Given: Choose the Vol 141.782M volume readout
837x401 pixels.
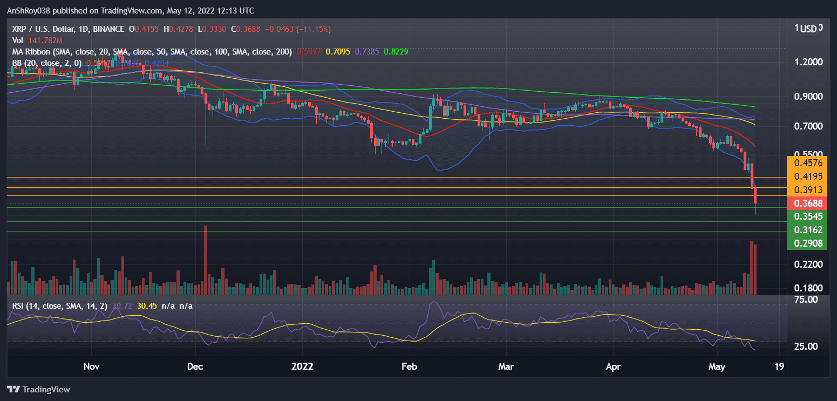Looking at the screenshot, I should pyautogui.click(x=37, y=40).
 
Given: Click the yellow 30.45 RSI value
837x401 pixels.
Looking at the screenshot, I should pyautogui.click(x=146, y=306).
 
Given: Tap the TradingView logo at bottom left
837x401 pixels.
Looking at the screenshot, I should pyautogui.click(x=38, y=389).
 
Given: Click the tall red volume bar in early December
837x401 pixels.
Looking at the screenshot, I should pyautogui.click(x=206, y=260).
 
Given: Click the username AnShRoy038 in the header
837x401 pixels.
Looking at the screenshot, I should pyautogui.click(x=30, y=11).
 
